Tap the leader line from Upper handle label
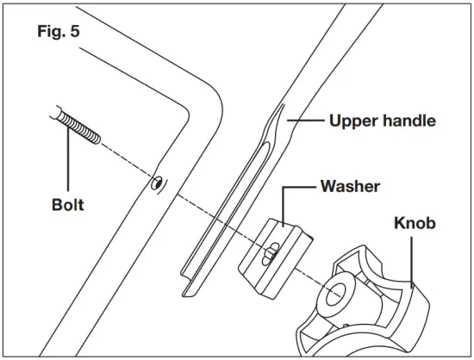306,121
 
